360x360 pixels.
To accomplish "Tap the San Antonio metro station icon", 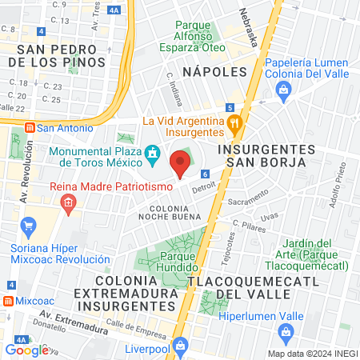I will click(30, 127).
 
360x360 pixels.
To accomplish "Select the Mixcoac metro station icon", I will click(7, 302).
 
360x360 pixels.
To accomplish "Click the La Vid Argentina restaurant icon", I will click(234, 123).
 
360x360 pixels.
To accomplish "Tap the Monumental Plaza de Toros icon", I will click(151, 152).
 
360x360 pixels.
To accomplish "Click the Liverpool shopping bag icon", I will click(181, 344).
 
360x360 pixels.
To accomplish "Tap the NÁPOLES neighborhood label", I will click(214, 72).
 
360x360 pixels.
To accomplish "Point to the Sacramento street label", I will click(247, 203).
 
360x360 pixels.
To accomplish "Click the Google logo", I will click(26, 350).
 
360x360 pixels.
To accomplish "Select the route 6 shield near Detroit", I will click(206, 174).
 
